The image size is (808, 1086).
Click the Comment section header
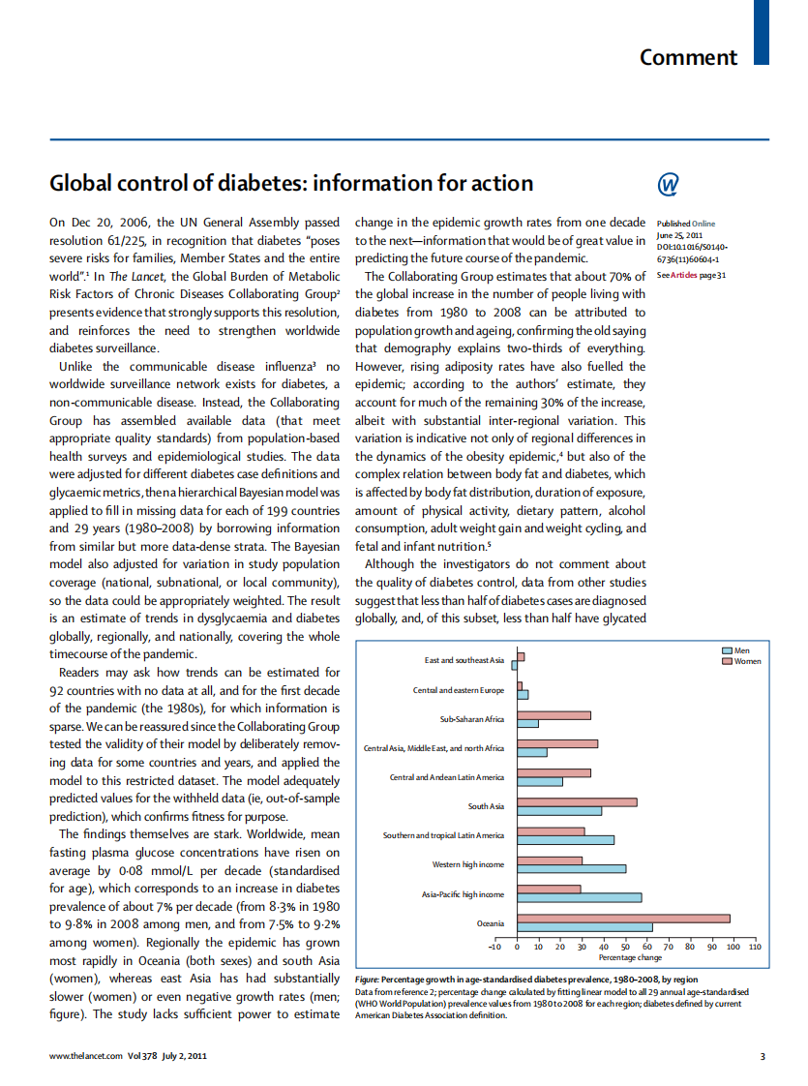pyautogui.click(x=688, y=57)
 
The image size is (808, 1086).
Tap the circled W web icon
pyautogui.click(x=668, y=184)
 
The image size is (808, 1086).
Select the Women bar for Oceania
pyautogui.click(x=623, y=919)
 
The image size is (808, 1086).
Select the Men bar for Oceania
pyautogui.click(x=584, y=927)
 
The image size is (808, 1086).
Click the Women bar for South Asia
pyautogui.click(x=577, y=801)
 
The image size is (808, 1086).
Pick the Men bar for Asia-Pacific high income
pyautogui.click(x=579, y=897)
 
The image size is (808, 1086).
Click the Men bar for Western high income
pyautogui.click(x=571, y=868)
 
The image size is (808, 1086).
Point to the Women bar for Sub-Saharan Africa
pyautogui.click(x=554, y=715)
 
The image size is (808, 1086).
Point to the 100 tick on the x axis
pyautogui.click(x=733, y=947)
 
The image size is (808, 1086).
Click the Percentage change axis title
pyautogui.click(x=630, y=957)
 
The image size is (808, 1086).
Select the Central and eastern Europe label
pyautogui.click(x=458, y=690)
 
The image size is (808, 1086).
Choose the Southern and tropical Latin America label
pyautogui.click(x=443, y=835)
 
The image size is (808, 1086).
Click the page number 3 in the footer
pyautogui.click(x=763, y=1056)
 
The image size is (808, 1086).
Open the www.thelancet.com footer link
pyautogui.click(x=86, y=1056)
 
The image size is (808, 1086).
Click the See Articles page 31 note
pyautogui.click(x=691, y=275)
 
